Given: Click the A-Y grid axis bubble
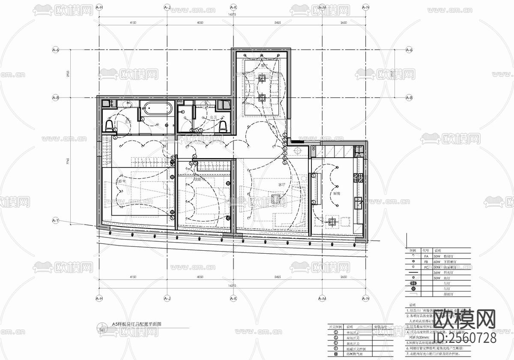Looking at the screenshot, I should coord(55,221).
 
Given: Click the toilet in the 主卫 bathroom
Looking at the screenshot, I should coord(110,125).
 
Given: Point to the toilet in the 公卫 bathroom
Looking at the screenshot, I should coord(222,125).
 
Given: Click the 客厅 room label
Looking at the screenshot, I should coord(281,184).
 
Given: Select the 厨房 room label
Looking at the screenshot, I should coord(337,194).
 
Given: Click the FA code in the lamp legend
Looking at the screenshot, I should coord(426,255).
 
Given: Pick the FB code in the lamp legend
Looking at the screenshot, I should coord(426,261).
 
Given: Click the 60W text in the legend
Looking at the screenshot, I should coord(437,261).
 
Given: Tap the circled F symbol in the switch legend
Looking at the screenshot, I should coord(336,349).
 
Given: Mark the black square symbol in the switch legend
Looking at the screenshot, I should coord(336,354).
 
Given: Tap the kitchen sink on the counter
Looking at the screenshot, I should coord(358,202).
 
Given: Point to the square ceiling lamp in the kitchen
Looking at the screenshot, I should coord(332,222).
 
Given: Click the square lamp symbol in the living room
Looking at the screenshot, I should coord(276,198).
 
